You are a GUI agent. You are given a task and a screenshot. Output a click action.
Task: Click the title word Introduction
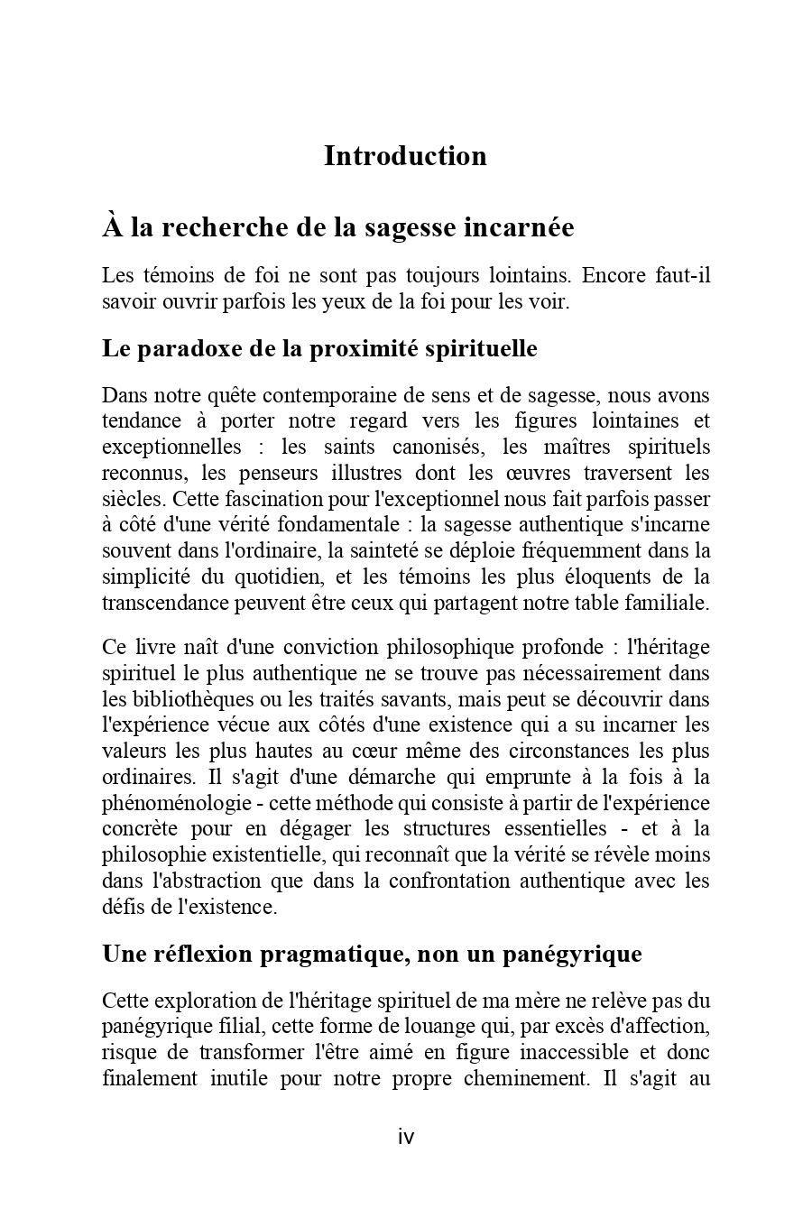coord(405,156)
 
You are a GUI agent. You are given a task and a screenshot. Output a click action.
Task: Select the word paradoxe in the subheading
coord(179,348)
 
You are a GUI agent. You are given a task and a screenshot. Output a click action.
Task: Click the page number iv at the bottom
coord(406,1137)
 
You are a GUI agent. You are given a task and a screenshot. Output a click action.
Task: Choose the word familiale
coord(666,604)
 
